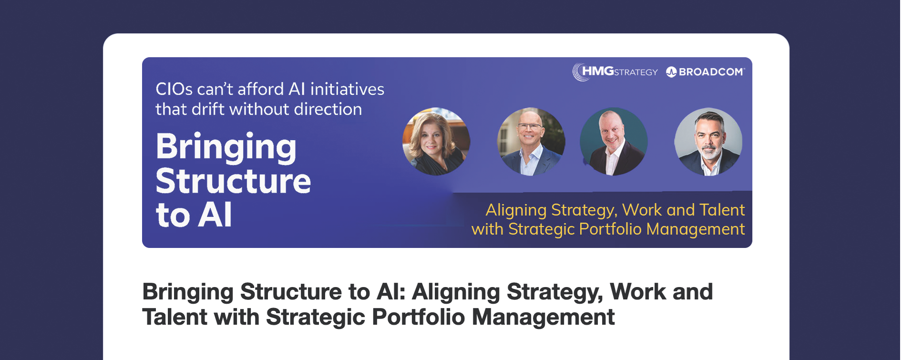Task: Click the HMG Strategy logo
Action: pyautogui.click(x=615, y=72)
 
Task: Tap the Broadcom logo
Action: pyautogui.click(x=706, y=72)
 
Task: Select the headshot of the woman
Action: pyautogui.click(x=436, y=142)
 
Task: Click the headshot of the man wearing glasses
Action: pyautogui.click(x=531, y=142)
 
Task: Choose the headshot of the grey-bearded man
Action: pyautogui.click(x=708, y=142)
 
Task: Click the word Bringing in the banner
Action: pyautogui.click(x=226, y=148)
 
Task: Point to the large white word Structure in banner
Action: pyautogui.click(x=234, y=181)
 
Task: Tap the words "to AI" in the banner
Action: pyautogui.click(x=194, y=215)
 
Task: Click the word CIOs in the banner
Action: pyautogui.click(x=174, y=89)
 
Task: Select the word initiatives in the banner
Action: pyautogui.click(x=347, y=89)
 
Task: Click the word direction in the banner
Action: pyautogui.click(x=328, y=109)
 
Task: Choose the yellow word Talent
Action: pyautogui.click(x=722, y=210)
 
